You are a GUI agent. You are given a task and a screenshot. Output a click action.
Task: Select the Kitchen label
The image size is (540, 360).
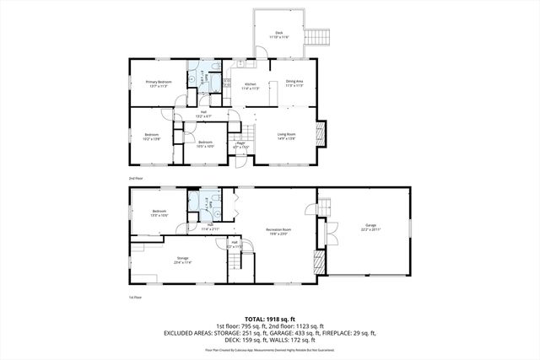coord(251,85)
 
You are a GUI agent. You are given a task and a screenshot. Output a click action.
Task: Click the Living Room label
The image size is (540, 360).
coord(287,135)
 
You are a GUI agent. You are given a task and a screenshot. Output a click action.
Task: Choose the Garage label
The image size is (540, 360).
coord(370,226)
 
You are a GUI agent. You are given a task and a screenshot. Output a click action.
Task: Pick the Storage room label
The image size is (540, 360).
coord(182,260)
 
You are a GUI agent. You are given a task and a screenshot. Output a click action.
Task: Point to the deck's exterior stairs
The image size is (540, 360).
coord(318,37)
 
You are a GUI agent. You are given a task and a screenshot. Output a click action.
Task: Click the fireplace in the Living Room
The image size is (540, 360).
coord(318,134)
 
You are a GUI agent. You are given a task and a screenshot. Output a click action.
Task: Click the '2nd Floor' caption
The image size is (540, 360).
coord(135,180)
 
